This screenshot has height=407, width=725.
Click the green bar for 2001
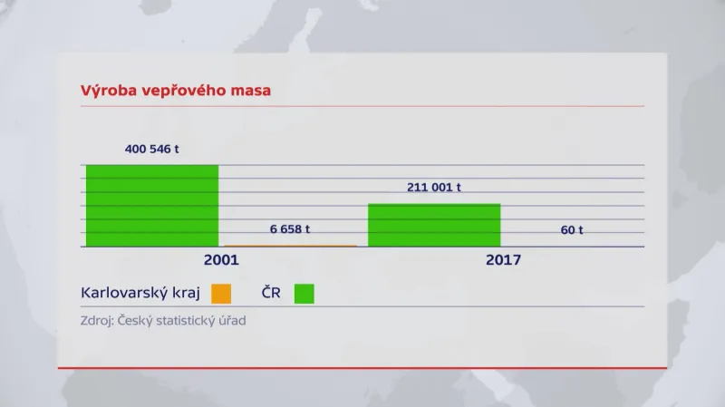click(x=152, y=206)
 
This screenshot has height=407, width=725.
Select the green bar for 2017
click(x=434, y=225)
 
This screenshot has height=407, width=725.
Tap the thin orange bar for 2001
click(x=290, y=246)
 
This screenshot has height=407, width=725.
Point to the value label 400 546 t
click(x=152, y=149)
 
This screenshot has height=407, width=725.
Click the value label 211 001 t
click(x=434, y=188)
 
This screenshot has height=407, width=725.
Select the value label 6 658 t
click(x=290, y=229)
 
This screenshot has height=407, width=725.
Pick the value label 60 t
click(x=572, y=230)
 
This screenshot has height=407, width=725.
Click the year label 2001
click(x=220, y=260)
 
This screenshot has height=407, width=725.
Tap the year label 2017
click(x=503, y=260)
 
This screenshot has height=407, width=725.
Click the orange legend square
click(x=221, y=294)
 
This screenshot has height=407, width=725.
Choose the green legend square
click(x=304, y=294)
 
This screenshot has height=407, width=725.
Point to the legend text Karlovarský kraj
click(x=140, y=294)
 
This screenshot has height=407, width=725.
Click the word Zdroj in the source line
click(x=99, y=320)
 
